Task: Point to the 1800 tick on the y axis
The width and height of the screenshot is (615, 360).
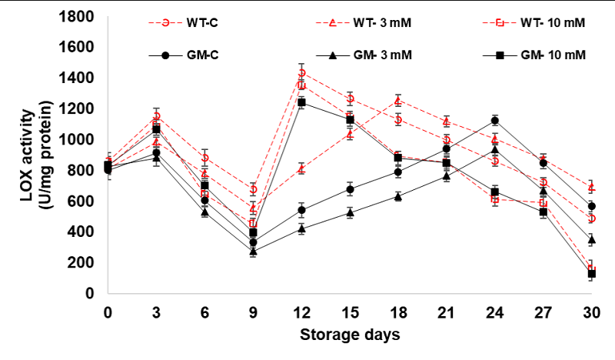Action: (x=79, y=17)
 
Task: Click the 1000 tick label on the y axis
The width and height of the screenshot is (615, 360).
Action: (x=79, y=140)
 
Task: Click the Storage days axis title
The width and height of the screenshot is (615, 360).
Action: (x=350, y=335)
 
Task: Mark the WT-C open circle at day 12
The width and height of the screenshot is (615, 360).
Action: (x=301, y=73)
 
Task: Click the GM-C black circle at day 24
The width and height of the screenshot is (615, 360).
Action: (x=494, y=121)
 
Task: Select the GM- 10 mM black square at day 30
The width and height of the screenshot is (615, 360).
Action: (x=591, y=274)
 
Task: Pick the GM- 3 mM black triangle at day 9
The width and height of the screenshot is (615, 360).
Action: (x=253, y=251)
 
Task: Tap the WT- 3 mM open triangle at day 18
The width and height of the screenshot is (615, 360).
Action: (x=397, y=101)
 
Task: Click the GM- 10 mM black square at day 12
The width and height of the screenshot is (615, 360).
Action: (x=301, y=102)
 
